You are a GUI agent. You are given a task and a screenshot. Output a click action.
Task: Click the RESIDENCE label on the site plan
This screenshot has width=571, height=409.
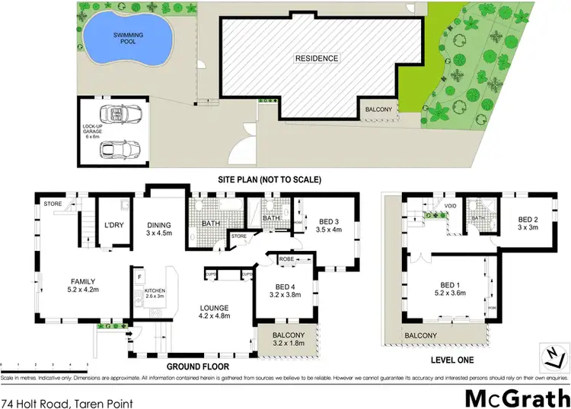tap(317, 58)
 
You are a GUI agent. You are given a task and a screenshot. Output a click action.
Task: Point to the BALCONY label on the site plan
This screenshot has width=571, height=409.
tap(378, 109)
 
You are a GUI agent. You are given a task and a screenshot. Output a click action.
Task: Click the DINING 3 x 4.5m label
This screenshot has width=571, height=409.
tap(160, 230)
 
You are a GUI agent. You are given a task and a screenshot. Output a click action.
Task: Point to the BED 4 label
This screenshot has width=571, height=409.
tap(283, 293)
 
